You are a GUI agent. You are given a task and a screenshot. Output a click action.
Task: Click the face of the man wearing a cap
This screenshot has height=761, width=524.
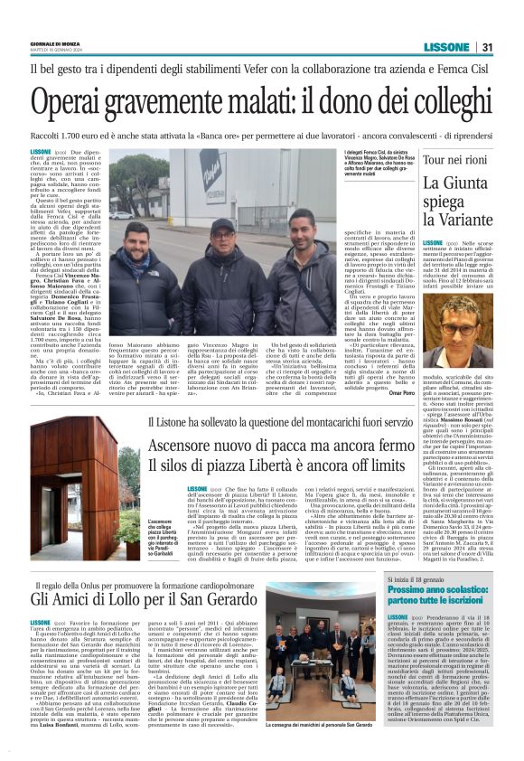pos(221,235)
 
